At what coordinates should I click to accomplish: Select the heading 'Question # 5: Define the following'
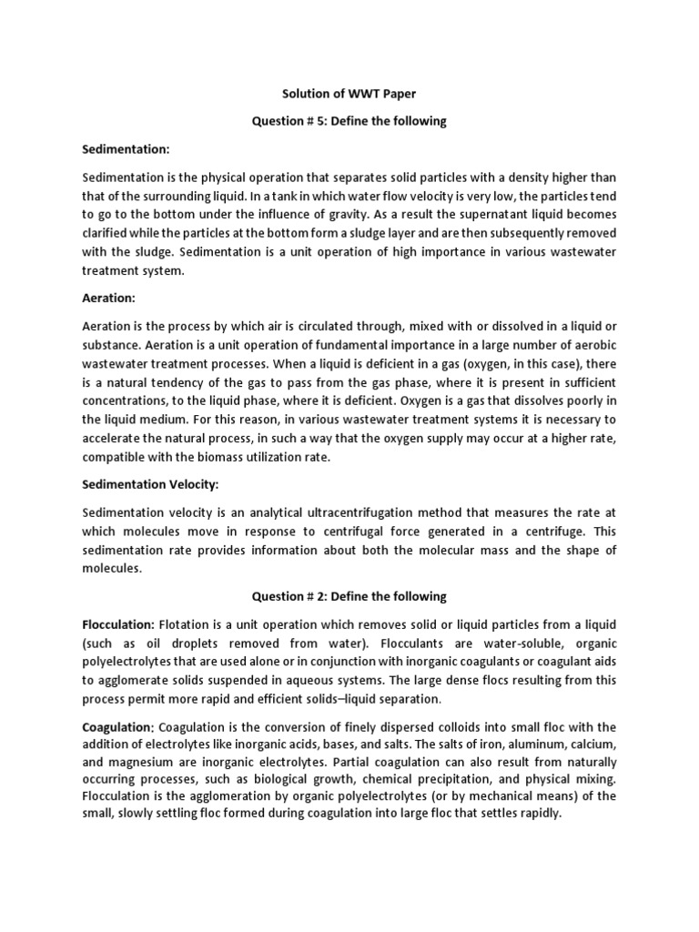coord(349,122)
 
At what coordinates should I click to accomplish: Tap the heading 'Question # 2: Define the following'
coord(349,596)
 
